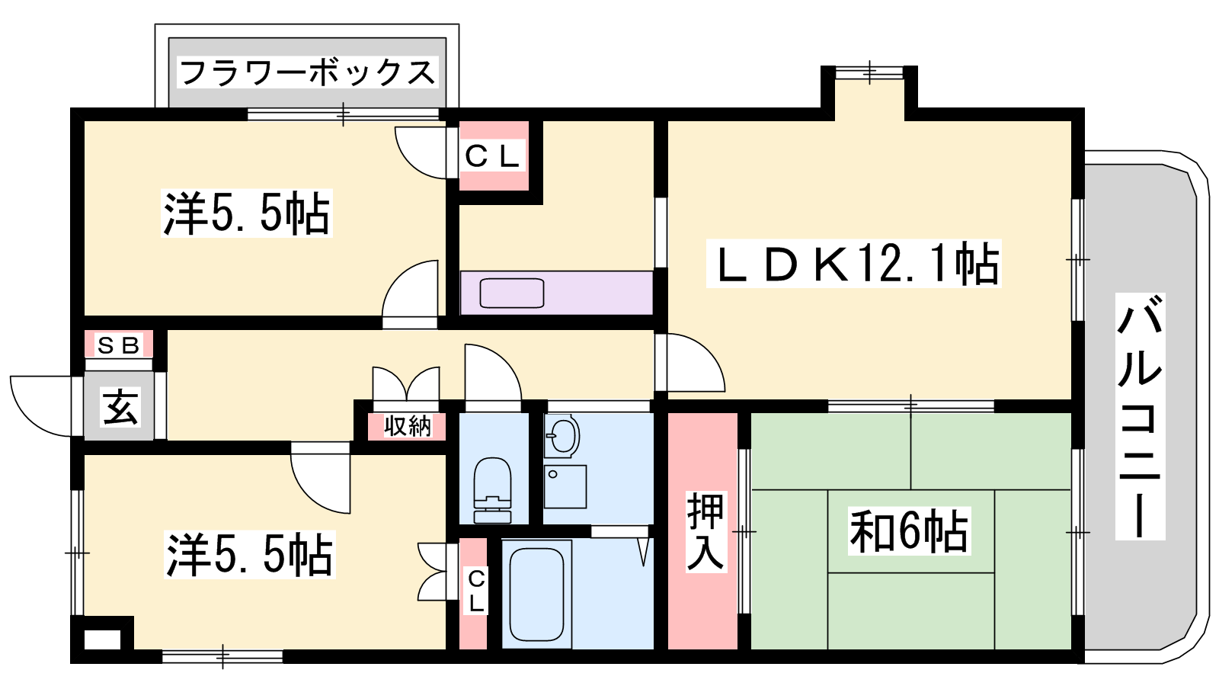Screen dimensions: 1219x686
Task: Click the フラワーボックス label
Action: point(308,73)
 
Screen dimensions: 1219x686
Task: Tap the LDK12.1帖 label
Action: point(854,264)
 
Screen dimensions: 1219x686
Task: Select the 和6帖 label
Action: point(910,531)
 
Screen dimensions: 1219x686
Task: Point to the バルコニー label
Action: point(1140,416)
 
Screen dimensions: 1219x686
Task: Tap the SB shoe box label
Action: point(119,345)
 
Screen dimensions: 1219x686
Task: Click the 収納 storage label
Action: point(408,426)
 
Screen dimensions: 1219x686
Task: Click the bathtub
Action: point(536,594)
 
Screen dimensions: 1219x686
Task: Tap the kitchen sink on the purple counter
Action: point(511,293)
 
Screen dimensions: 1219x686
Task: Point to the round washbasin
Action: point(562,435)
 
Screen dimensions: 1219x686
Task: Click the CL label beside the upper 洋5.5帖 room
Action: point(492,157)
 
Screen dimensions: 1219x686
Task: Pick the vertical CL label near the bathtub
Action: point(477,591)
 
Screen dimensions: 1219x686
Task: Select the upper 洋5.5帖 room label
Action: point(247,213)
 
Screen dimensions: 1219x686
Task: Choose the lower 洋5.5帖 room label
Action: point(250,555)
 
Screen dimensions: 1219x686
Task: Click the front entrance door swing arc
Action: point(42,406)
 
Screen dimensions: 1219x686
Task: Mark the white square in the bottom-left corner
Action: point(102,640)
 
